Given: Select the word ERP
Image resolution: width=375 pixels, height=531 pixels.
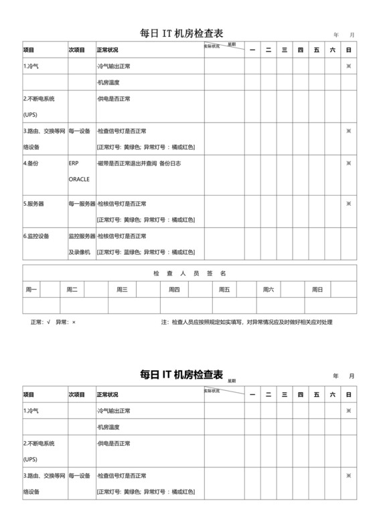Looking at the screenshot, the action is [74, 163].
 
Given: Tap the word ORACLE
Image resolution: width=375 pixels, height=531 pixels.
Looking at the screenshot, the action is [79, 179].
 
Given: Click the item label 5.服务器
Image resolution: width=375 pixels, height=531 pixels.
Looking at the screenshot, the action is [35, 203].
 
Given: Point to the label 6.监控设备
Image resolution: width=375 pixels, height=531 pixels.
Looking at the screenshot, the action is [37, 236].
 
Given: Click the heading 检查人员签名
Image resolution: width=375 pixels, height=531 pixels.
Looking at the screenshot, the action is [190, 273].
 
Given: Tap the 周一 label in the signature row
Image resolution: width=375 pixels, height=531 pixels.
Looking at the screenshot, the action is [31, 290].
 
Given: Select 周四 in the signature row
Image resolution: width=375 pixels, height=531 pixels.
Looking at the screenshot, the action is [174, 290].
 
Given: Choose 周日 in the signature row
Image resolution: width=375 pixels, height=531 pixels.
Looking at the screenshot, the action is [317, 290].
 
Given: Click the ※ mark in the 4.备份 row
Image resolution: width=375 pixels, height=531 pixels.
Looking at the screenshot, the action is [348, 163].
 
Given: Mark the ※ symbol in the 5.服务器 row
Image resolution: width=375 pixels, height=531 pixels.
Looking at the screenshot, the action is [348, 203].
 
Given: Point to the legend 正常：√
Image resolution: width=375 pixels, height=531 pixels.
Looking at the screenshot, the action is [40, 322].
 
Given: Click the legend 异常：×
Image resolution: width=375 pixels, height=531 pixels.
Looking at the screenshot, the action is [66, 322].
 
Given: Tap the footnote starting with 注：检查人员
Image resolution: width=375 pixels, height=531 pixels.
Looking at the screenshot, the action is [246, 322].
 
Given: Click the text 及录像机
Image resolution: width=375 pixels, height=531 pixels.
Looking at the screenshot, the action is [79, 252].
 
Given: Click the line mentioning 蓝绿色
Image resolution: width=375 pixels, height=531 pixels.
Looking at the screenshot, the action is [145, 252].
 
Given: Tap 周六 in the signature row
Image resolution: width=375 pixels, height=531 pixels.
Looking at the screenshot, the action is [269, 290].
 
